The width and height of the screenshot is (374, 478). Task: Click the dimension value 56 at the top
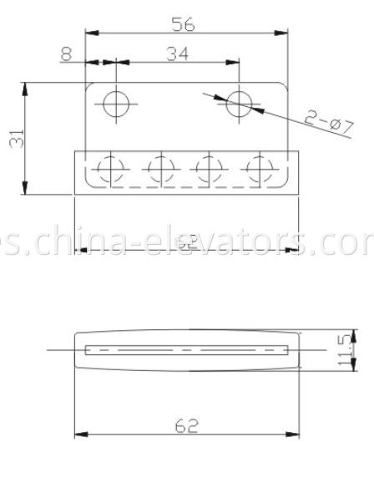pos(184,24)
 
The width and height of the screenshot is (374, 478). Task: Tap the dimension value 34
pos(176,54)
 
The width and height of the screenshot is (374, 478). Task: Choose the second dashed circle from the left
pos(159,170)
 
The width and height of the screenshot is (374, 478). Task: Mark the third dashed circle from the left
pos(206,170)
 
